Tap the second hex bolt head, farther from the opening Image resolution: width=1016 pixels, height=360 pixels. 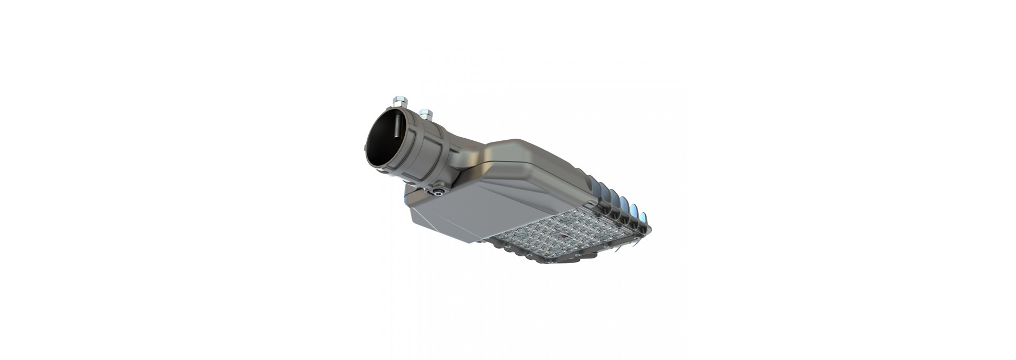click(425, 113)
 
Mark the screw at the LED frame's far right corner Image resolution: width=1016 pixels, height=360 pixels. click(649, 229)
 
